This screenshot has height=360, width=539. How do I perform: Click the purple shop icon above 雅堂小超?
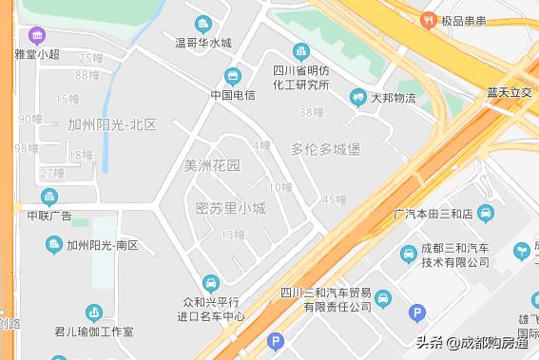tap(37, 36)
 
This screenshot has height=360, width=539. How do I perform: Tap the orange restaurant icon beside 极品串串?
tap(429, 19)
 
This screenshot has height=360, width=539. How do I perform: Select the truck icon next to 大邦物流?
tap(358, 96)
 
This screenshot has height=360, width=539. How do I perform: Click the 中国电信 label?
tap(233, 95)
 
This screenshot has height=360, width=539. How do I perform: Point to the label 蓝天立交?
tap(510, 93)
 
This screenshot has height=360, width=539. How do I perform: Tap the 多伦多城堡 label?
tap(325, 149)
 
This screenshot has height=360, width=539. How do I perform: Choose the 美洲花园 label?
tap(212, 165)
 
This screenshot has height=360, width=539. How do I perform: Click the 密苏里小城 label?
tap(230, 208)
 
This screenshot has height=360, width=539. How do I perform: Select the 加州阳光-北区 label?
tap(111, 124)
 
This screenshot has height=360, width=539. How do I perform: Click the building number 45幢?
tap(335, 199)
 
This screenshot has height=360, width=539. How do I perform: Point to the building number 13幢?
tap(233, 235)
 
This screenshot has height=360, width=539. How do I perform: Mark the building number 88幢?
tap(87, 75)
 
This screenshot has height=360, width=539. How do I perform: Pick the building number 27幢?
tap(51, 173)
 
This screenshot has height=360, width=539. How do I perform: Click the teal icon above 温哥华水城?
tap(202, 24)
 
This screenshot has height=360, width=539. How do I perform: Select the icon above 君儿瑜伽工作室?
tap(93, 313)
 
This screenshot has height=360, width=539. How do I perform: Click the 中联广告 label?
tap(49, 216)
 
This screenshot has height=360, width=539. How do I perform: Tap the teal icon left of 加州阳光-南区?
tap(54, 245)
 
